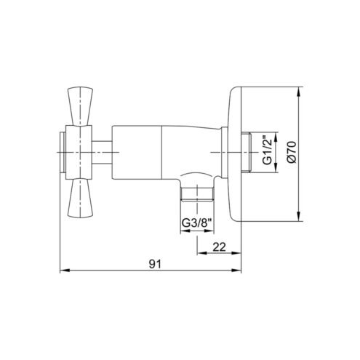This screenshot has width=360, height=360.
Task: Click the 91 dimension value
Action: coord(155,264)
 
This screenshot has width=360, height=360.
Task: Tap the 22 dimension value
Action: coord(219,247)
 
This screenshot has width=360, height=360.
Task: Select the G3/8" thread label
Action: coord(197,223)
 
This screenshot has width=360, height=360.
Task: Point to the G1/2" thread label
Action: coord(268,152)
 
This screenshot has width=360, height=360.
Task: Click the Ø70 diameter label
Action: coord(291,152)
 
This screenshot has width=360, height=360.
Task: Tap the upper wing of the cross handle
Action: coord(80,106)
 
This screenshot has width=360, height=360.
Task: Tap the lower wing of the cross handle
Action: coord(80,198)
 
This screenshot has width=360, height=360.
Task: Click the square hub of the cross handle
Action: coord(79,152)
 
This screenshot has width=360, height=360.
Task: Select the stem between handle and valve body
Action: coord(102,152)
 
